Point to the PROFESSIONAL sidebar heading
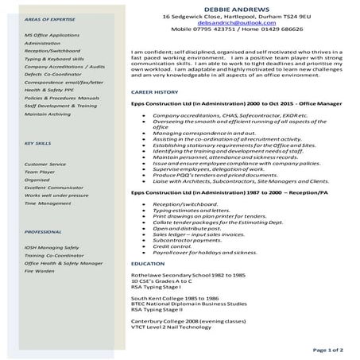coord(43,231)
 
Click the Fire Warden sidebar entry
coord(40,271)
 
